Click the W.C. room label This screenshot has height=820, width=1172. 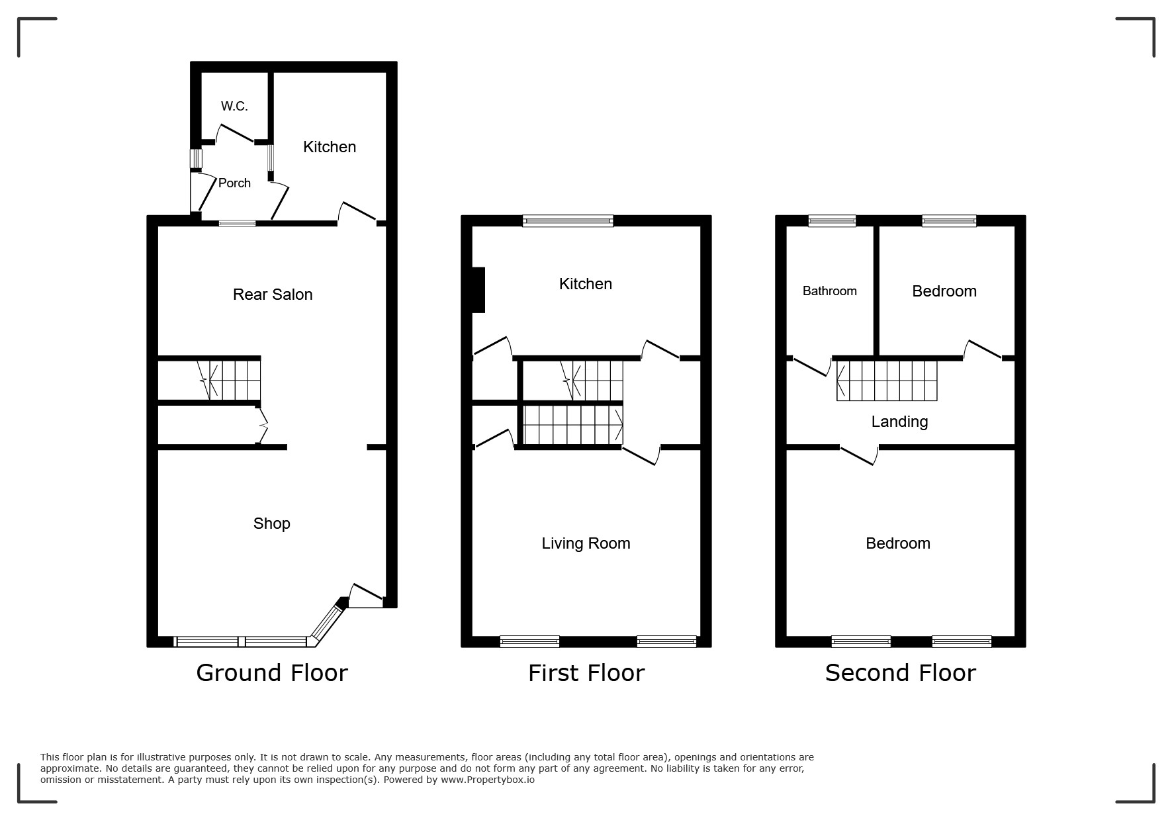(x=234, y=106)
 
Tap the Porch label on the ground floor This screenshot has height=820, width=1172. (x=234, y=183)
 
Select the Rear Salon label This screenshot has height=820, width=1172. (x=273, y=295)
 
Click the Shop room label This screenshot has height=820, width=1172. (x=272, y=524)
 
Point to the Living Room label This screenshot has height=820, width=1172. (x=586, y=543)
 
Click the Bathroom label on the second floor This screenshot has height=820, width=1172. (x=829, y=291)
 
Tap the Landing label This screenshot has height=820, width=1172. (x=899, y=422)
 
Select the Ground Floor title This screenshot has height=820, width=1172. (x=272, y=672)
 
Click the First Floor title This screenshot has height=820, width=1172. (x=586, y=672)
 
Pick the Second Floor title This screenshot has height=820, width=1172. (x=900, y=672)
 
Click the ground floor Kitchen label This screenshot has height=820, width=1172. (x=330, y=147)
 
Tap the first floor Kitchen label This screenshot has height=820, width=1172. (x=586, y=284)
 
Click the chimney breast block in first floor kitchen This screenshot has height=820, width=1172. (x=478, y=290)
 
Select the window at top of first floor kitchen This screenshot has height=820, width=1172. (x=568, y=221)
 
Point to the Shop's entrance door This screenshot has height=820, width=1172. (x=365, y=595)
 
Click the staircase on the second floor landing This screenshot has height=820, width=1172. (x=887, y=381)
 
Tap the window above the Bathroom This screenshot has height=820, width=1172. (x=832, y=221)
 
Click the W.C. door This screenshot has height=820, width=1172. (x=236, y=133)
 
